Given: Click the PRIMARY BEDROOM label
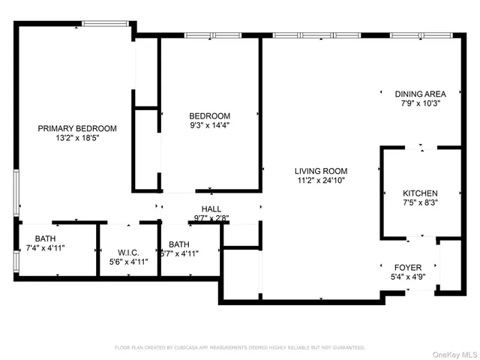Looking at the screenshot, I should coord(76,128).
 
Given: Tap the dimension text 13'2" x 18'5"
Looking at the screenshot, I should coord(76,138).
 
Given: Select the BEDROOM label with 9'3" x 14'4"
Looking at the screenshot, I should coord(209,115).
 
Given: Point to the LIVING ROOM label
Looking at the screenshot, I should coord(320,171).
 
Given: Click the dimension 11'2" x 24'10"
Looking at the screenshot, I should coord(320,180).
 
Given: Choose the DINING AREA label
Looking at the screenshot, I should coord(420,94).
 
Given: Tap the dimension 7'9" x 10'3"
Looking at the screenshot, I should coord(420,103).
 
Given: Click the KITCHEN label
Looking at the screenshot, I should coord(420,193).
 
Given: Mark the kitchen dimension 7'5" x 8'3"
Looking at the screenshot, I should coord(420,202).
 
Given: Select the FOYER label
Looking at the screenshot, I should coord(408,267).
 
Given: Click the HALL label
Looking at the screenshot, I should coord(211,209).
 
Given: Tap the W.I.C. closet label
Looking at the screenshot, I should coord(128,252).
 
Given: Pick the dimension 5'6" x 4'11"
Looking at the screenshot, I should coord(128,262).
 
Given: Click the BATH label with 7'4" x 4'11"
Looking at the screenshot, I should coord(45,238).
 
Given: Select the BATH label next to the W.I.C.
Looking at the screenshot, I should coord(179,244).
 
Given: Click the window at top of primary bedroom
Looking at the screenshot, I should coord(104,24).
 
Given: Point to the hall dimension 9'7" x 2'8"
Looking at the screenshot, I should coord(211,218).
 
